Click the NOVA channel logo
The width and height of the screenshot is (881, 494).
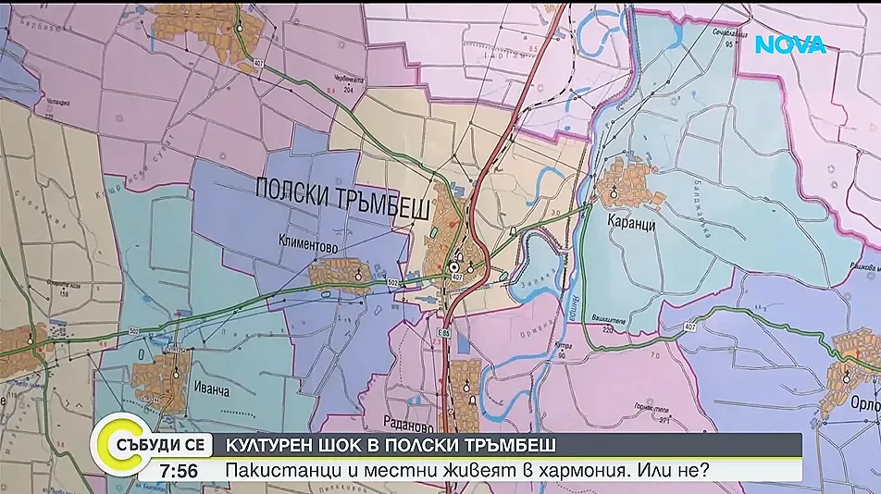tap(790, 44)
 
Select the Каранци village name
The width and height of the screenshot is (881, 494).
tap(633, 223)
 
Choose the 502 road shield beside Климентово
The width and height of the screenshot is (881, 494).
tap(392, 281)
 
